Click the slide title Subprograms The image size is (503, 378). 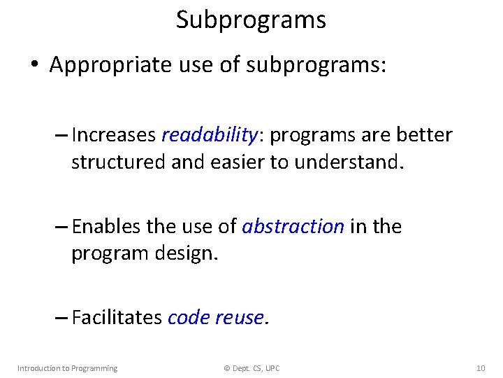(251, 20)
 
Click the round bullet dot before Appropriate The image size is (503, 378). (34, 66)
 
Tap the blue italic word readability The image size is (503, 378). (201, 134)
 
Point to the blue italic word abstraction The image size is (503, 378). (293, 227)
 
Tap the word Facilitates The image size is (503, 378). (117, 318)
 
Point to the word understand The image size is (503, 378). (347, 162)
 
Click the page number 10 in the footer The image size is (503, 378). (480, 368)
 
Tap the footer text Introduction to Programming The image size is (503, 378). (67, 368)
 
